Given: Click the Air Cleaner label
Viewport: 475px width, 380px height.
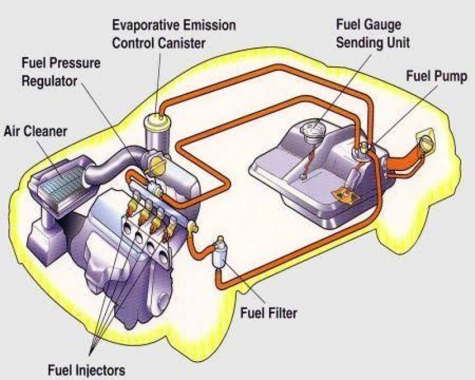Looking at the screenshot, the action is click(x=36, y=131).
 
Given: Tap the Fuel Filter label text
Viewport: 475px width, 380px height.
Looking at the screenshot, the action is click(x=268, y=313).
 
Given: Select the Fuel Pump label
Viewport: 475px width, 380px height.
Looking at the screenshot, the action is click(x=436, y=76).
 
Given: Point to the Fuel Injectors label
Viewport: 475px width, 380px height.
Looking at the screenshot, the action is click(x=86, y=370).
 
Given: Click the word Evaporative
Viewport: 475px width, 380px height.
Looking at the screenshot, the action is click(x=143, y=25).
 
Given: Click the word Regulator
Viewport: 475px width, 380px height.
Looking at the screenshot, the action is click(x=49, y=81).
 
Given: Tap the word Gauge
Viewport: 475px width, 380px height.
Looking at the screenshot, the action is click(x=382, y=25).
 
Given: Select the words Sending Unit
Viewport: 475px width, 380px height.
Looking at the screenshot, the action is click(x=373, y=42).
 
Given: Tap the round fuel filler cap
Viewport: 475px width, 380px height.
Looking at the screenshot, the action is click(x=426, y=141).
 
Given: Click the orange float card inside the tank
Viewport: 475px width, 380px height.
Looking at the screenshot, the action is click(x=346, y=195).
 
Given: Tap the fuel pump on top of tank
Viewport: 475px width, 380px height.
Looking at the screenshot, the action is click(x=363, y=150).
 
